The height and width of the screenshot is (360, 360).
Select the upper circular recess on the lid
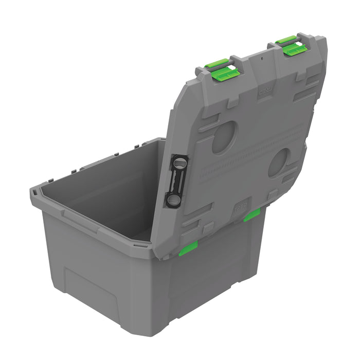pyautogui.click(x=225, y=137)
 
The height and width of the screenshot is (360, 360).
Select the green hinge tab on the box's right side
pyautogui.click(x=251, y=215)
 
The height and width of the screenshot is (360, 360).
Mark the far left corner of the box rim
pyautogui.click(x=34, y=192)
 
